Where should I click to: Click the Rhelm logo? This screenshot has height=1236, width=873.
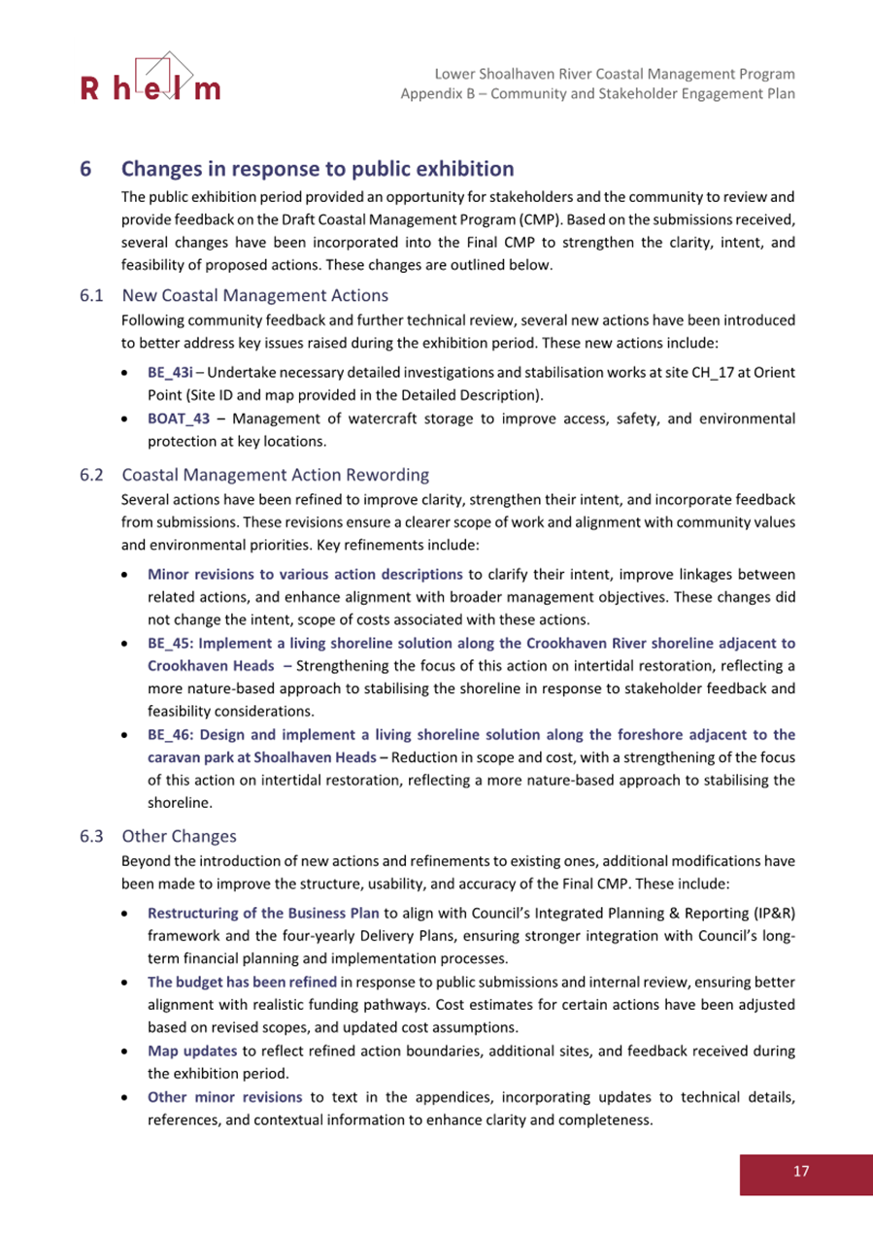[151, 78]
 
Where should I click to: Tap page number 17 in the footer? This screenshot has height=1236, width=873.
[800, 1171]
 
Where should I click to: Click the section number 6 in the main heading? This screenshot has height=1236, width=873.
[85, 169]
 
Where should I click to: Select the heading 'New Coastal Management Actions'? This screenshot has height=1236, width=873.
[254, 295]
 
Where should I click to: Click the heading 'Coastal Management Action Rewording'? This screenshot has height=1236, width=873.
[275, 475]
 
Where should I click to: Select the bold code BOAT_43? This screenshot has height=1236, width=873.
[179, 418]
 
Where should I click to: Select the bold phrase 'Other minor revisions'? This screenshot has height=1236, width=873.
[223, 1097]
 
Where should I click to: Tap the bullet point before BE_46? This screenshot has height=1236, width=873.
[128, 735]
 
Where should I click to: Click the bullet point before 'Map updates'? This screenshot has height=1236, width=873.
[128, 1051]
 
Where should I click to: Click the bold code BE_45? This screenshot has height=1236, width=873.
[166, 643]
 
